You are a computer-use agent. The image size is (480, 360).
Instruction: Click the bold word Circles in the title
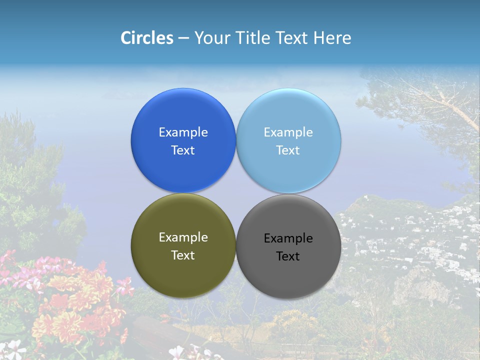click(146, 38)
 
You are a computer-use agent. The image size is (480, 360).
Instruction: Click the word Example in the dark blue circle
click(183, 132)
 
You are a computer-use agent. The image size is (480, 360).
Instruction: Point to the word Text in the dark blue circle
click(183, 150)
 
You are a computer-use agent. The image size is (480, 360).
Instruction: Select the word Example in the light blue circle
click(288, 132)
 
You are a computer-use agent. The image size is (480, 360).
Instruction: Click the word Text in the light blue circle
click(288, 150)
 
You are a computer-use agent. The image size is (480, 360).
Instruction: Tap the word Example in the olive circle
click(183, 237)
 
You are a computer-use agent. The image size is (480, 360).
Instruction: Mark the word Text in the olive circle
click(183, 255)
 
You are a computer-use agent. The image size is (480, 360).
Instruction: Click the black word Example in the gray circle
click(288, 238)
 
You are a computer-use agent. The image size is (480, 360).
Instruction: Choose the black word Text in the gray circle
click(288, 256)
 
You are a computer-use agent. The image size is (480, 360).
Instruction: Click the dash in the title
click(183, 38)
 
